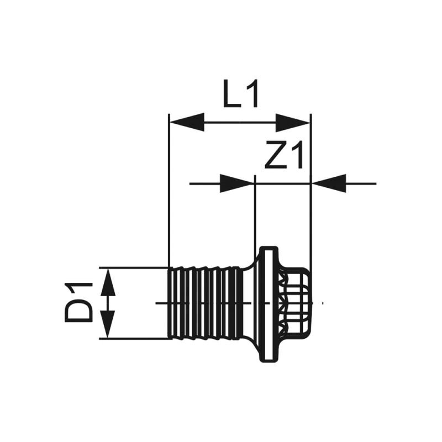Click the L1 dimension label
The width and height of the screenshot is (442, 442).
pos(240,94)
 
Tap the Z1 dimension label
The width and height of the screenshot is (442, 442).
pos(285,155)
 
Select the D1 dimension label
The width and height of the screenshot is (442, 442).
pos(79,302)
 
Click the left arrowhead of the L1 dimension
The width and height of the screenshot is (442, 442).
pos(186,122)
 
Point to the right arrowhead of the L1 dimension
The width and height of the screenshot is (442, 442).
pos(293,122)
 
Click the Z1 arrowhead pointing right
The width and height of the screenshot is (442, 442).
pos(237,183)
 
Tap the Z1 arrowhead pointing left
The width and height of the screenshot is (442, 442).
pos(329,183)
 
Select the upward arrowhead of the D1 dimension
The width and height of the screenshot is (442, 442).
pos(108,282)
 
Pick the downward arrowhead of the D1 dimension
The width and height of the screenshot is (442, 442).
pos(108,324)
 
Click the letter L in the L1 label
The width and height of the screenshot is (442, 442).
pos(231,94)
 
